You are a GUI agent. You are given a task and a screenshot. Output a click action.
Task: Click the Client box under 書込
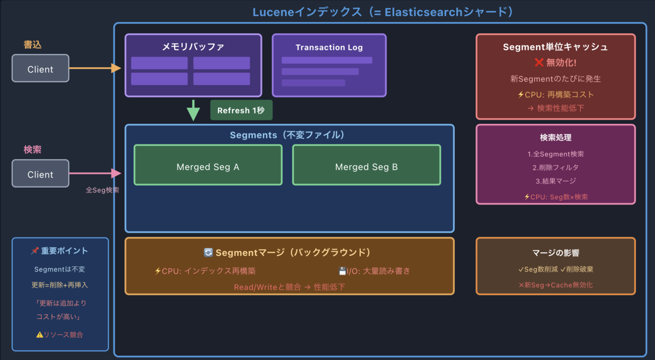pos(40,69)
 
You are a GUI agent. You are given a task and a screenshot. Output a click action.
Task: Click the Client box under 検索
pos(40,174)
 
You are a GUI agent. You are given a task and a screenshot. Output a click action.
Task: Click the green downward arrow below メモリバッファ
pos(193,110)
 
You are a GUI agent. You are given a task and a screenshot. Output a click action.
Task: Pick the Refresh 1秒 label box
pos(241,110)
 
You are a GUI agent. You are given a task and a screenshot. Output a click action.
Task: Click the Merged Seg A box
pos(208,166)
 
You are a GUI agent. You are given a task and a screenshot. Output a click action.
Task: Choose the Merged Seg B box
pos(366,166)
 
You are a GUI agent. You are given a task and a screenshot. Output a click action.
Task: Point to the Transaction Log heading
pos(329,47)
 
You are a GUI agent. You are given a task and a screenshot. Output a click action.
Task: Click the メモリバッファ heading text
pos(193,47)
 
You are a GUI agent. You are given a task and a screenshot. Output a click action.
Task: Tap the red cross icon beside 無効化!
pos(538,63)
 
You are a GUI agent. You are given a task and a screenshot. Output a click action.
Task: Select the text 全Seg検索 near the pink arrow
pos(102,190)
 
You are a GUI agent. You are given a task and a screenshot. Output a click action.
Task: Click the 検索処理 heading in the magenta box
pos(556,137)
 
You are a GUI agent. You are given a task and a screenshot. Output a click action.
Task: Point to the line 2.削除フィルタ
pos(556,167)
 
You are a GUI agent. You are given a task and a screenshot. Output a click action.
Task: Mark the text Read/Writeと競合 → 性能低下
pos(289,286)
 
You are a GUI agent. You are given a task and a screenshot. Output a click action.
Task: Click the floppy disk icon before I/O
pos(342,271)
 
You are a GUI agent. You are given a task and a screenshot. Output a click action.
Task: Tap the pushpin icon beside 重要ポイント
pos(35,251)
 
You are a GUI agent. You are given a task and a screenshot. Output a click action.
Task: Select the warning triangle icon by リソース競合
pos(39,334)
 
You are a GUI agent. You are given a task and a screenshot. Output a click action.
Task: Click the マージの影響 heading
pos(556,253)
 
